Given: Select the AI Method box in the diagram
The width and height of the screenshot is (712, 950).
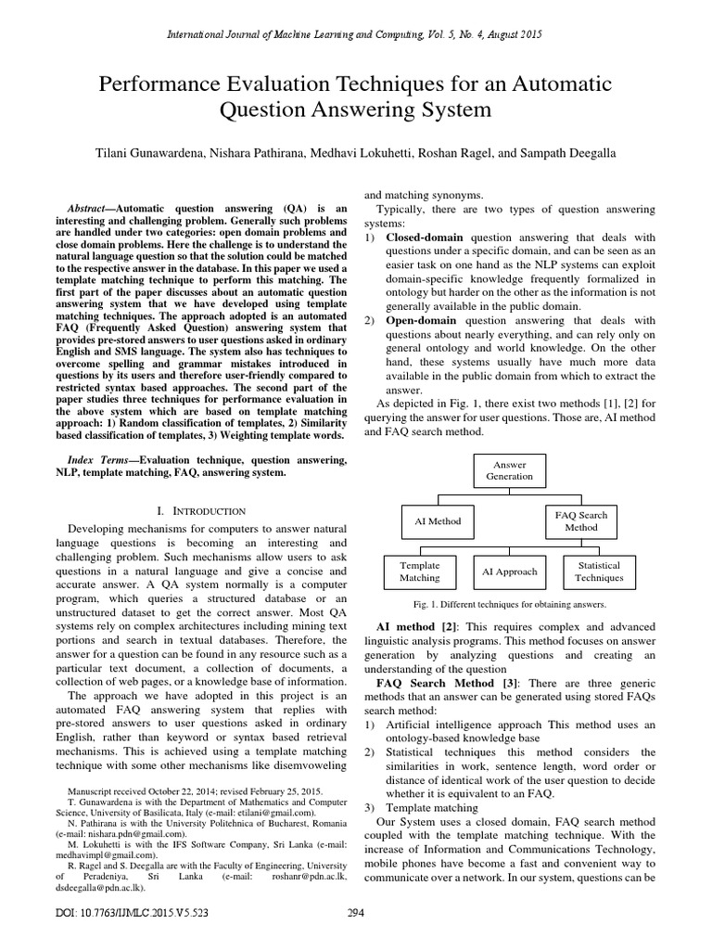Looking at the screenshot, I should tap(431, 521).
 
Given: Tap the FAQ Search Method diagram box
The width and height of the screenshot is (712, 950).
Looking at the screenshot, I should tap(580, 520).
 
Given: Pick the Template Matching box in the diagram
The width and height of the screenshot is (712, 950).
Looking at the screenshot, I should tap(419, 571).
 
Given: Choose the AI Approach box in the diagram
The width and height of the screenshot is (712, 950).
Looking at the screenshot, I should tap(510, 571).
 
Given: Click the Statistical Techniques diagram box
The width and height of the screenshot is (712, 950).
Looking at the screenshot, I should tap(599, 571).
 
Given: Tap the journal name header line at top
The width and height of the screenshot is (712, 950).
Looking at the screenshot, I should tap(355, 34).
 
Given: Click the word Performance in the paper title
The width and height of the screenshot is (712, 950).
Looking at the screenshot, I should tap(155, 85).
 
